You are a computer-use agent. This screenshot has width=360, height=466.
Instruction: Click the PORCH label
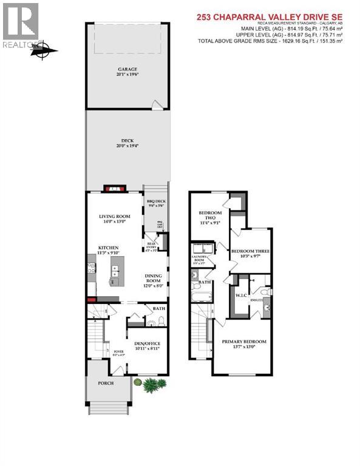(109, 383)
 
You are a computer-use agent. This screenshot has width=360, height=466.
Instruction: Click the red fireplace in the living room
(114, 189)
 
